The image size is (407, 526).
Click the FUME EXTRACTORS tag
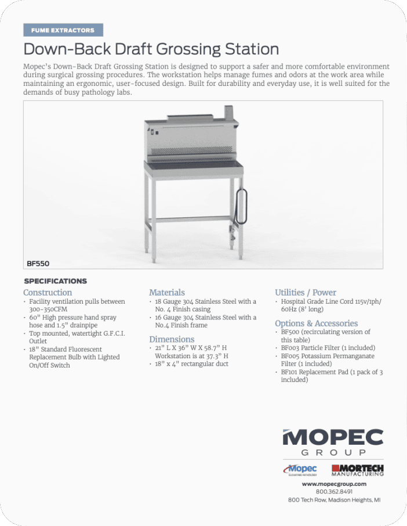(x=63, y=30)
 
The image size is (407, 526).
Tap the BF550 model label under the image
(x=38, y=263)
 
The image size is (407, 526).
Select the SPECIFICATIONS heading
(x=55, y=281)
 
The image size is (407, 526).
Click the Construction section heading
(x=48, y=293)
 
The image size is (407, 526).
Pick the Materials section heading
(x=167, y=293)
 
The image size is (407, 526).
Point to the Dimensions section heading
(x=172, y=339)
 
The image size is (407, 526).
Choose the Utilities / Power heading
(x=306, y=293)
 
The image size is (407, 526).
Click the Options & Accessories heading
(x=316, y=323)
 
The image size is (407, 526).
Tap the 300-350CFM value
(x=49, y=309)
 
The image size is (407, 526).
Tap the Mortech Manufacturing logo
(x=357, y=469)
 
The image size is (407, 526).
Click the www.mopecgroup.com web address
(x=334, y=484)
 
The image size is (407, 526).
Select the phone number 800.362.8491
(x=334, y=491)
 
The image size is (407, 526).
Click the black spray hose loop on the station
(x=244, y=206)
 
